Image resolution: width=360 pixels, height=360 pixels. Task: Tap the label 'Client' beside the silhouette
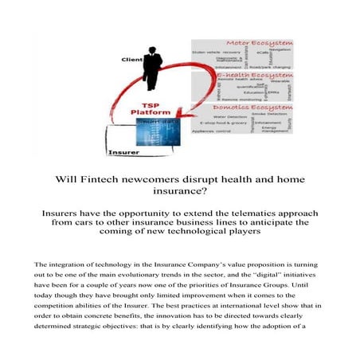click(x=131, y=60)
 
